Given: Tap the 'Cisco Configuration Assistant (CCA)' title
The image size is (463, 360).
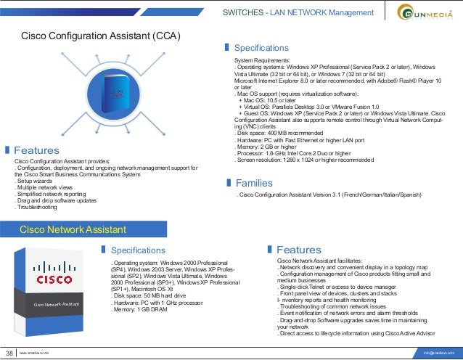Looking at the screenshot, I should [101, 36].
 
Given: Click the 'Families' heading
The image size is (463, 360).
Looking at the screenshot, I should [254, 183].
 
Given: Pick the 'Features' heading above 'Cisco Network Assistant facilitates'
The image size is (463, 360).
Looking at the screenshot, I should [298, 250].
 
